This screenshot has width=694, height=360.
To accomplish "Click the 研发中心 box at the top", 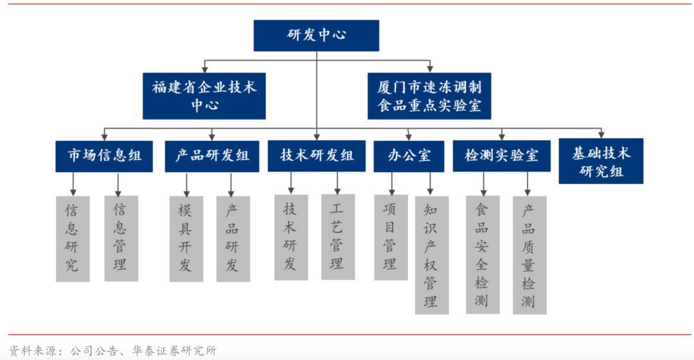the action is (x=316, y=35).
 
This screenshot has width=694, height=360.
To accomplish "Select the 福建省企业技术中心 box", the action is (x=204, y=96).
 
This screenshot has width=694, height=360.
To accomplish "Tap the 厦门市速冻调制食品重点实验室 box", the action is (x=429, y=96).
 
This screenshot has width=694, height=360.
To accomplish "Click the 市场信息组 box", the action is (x=104, y=156).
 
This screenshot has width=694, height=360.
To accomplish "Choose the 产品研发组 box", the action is (x=212, y=156).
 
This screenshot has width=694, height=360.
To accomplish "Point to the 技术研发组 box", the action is (x=316, y=156).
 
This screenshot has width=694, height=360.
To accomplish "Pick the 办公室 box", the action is (x=409, y=156).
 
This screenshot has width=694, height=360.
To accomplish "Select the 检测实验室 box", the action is (x=501, y=156).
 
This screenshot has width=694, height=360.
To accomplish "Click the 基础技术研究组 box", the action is (x=601, y=161).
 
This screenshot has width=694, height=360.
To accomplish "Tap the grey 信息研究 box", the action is (x=73, y=239).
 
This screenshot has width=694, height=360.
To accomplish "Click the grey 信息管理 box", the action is (x=121, y=239).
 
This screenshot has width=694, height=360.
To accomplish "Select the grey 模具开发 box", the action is (x=186, y=239).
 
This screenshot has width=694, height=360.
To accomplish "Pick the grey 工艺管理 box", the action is (x=338, y=237).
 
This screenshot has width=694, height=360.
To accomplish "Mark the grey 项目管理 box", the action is (x=391, y=237).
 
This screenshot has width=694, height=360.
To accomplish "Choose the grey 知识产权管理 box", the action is (x=432, y=255).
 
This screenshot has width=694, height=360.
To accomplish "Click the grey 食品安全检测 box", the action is (x=483, y=255).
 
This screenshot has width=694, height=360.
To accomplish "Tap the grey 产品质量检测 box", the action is (x=529, y=255).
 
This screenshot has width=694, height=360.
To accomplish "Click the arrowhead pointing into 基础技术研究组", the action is (x=601, y=135).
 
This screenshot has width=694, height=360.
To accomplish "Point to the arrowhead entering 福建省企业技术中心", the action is (x=204, y=69).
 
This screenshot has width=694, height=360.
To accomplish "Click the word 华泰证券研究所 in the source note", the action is (x=174, y=351).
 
